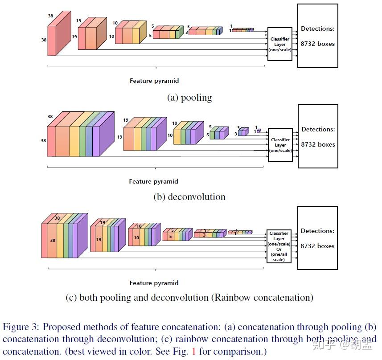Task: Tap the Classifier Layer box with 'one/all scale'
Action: click(x=279, y=246)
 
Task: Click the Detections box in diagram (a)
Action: click(x=317, y=36)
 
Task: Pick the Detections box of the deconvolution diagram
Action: click(x=317, y=136)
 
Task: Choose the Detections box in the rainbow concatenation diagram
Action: click(x=317, y=238)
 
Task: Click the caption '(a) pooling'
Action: click(x=189, y=98)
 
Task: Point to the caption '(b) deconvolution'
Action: click(x=189, y=197)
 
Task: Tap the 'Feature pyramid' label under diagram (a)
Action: click(x=154, y=81)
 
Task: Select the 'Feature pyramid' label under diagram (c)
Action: click(x=154, y=283)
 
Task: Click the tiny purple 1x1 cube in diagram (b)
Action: click(x=259, y=131)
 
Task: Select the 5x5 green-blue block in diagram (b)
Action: click(x=218, y=133)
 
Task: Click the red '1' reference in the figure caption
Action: click(x=193, y=352)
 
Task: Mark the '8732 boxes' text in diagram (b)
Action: click(x=317, y=144)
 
